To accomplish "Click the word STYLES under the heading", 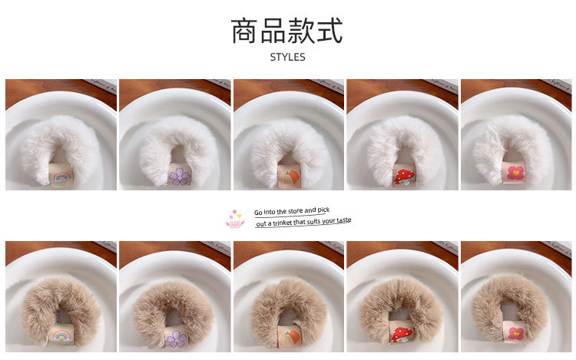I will pos(287,57).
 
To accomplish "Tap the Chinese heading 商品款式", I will pos(287,30).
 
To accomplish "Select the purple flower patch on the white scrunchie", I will pos(178,177).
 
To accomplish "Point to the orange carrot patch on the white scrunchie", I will pos(289,177).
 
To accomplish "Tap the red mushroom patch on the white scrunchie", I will pos(402,177).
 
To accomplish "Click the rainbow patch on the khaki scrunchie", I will pos(61,335).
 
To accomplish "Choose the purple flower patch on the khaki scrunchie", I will pos(177,339).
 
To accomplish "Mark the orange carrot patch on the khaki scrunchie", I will pos(289,339).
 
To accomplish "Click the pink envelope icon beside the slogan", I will pos(234,218).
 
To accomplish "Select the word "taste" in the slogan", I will pos(343,220).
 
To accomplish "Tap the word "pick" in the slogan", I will pos(323,209).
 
